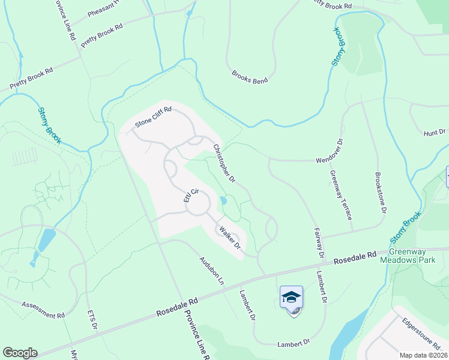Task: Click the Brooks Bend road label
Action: (x=250, y=76)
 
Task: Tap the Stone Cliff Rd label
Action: (x=154, y=116)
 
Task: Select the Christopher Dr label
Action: (x=223, y=163)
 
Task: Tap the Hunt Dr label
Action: (x=435, y=132)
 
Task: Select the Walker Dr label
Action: (x=229, y=238)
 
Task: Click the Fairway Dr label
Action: (x=318, y=243)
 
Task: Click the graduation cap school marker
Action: (x=291, y=298)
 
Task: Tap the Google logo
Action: (x=20, y=353)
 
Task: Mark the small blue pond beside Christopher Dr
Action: (x=224, y=201)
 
